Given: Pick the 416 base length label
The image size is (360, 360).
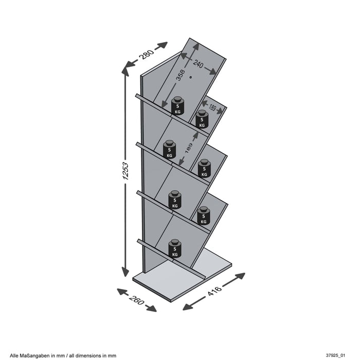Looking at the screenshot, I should (x=214, y=292).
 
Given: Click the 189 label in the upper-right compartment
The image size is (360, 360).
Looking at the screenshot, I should (x=213, y=108).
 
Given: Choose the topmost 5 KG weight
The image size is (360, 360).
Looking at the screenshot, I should (x=177, y=105).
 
